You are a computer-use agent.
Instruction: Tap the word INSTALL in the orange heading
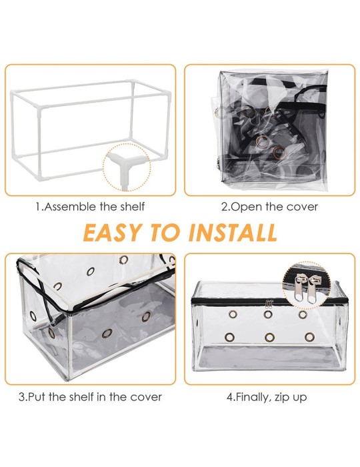233,232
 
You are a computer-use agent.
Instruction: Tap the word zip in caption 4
281,398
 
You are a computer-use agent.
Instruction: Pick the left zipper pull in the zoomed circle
300,286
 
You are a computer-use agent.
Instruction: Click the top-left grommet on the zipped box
233,314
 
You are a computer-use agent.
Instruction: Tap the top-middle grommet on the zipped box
268,314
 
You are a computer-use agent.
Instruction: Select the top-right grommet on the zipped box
303,314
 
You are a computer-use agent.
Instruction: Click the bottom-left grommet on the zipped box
229,337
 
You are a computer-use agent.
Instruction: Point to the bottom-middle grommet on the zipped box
269,337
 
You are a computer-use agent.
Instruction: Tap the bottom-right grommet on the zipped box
310,337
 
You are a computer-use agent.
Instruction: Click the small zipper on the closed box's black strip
269,303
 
